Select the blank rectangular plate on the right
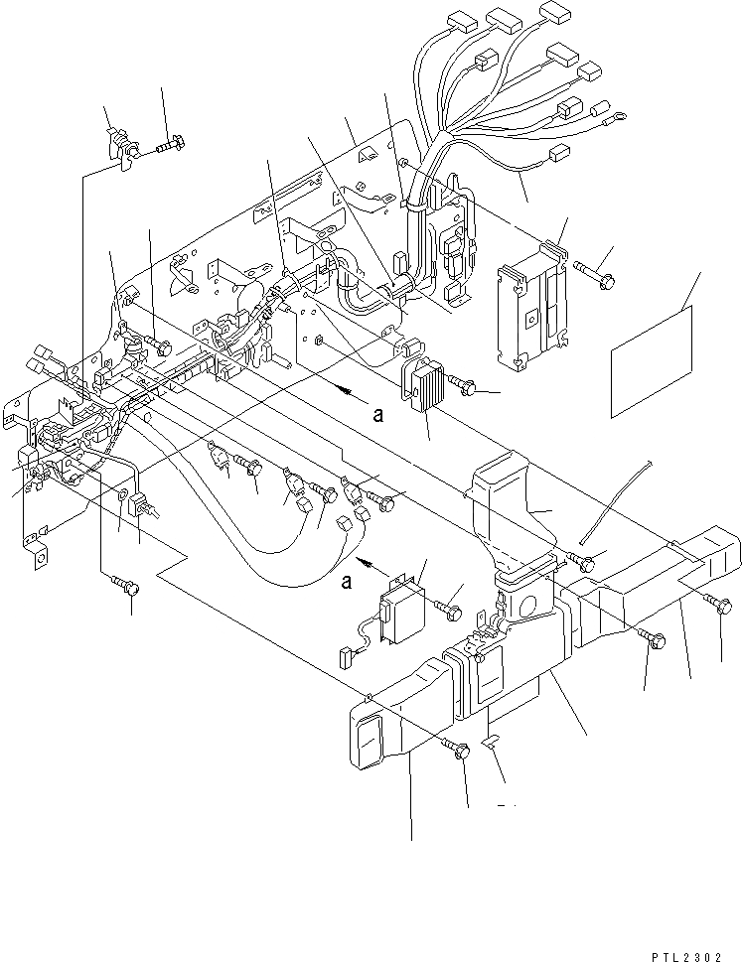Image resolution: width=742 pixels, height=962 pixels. (x=650, y=360)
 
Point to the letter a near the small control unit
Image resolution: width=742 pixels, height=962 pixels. (x=347, y=581)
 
